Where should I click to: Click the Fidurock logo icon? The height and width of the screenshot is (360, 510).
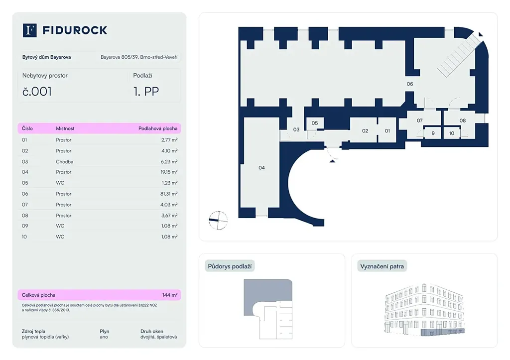[x=30, y=30]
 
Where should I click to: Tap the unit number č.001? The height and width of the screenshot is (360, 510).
[x=37, y=91]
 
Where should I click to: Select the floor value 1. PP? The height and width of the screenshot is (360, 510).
[x=146, y=91]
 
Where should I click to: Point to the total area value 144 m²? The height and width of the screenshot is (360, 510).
[x=170, y=295]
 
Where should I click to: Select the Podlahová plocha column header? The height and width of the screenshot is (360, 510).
[x=158, y=128]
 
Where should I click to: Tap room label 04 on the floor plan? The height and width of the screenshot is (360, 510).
[x=261, y=168]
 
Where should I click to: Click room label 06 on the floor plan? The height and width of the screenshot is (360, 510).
[x=410, y=84]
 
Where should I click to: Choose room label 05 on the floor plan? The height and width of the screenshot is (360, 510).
[x=315, y=123]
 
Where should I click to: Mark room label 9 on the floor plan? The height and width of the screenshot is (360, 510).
[x=433, y=133]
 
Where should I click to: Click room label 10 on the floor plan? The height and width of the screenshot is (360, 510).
[x=452, y=133]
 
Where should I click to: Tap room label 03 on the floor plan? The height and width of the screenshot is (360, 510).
[x=296, y=130]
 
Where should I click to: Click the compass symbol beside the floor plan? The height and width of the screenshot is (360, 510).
[x=218, y=220]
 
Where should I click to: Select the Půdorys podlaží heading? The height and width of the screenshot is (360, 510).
[x=230, y=266]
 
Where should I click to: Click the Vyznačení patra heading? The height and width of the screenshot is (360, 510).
[x=382, y=266]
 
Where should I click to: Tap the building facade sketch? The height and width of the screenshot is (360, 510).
[x=424, y=310]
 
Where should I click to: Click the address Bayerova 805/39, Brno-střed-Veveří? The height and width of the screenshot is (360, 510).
[x=139, y=57]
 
